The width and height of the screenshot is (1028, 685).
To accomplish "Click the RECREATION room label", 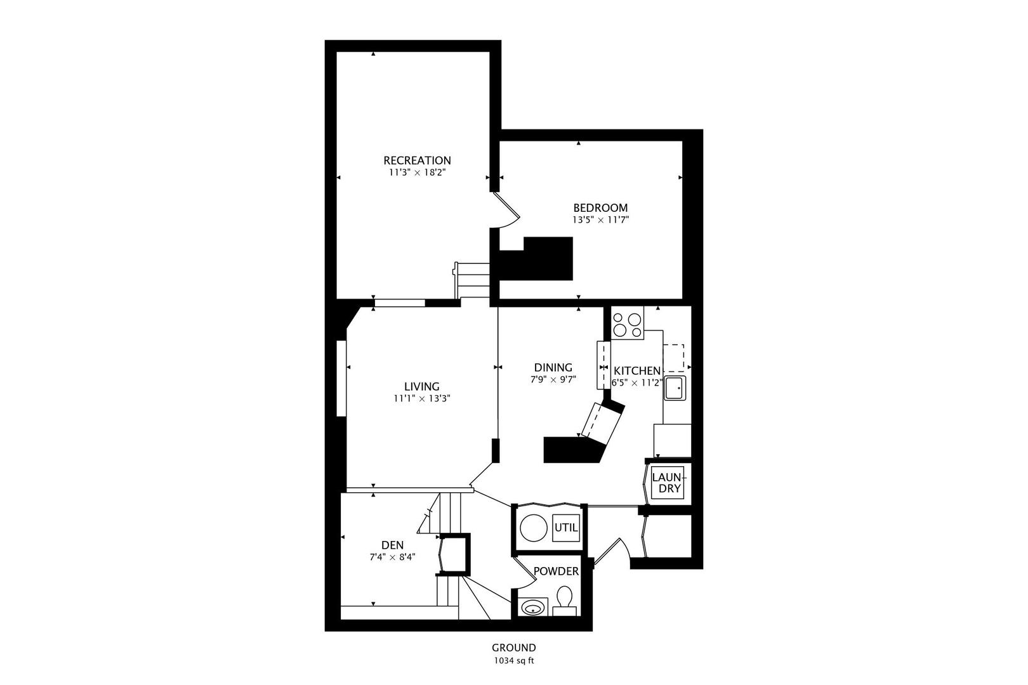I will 417,160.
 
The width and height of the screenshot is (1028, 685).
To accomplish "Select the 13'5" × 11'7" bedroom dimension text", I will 600,220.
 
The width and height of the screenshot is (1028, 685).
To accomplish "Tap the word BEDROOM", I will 600,208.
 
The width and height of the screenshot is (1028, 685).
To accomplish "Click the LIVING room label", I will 422,386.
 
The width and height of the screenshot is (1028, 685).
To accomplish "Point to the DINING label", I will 553,367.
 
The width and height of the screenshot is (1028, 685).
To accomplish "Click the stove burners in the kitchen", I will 627,323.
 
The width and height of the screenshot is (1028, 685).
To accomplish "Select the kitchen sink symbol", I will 675,388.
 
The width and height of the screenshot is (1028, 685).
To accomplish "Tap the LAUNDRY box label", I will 668,483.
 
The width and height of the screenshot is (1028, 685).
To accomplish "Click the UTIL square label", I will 566,527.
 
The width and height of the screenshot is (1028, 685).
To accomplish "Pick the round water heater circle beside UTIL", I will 534,528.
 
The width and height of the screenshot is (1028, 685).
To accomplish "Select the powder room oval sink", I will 532,609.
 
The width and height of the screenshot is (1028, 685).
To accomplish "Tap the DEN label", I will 392,545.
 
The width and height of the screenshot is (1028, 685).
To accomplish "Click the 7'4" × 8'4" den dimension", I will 392,558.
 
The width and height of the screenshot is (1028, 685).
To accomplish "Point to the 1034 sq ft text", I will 514,660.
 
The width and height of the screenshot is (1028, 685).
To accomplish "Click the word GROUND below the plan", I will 514,648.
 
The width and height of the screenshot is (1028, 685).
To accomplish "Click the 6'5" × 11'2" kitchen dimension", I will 636,382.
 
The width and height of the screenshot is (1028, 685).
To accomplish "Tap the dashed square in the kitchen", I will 674,356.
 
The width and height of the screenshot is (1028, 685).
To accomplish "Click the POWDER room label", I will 556,571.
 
